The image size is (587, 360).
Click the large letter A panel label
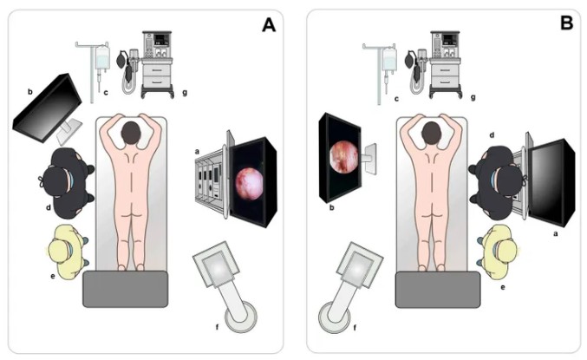[x=269, y=25]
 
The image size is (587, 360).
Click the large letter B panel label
[x=567, y=23]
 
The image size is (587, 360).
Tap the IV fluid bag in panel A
[x=102, y=57]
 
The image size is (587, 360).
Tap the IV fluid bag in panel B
[x=389, y=60]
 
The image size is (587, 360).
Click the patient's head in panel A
[x=131, y=133]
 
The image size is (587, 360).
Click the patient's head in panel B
[x=432, y=133]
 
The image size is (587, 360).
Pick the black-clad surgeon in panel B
[x=497, y=184]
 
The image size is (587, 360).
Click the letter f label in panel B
[x=355, y=328]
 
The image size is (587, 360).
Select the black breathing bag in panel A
[x=121, y=61]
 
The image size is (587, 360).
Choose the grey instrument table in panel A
[x=126, y=289]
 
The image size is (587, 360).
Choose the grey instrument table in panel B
[x=438, y=290]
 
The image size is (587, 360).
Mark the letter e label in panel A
[x=53, y=276]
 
